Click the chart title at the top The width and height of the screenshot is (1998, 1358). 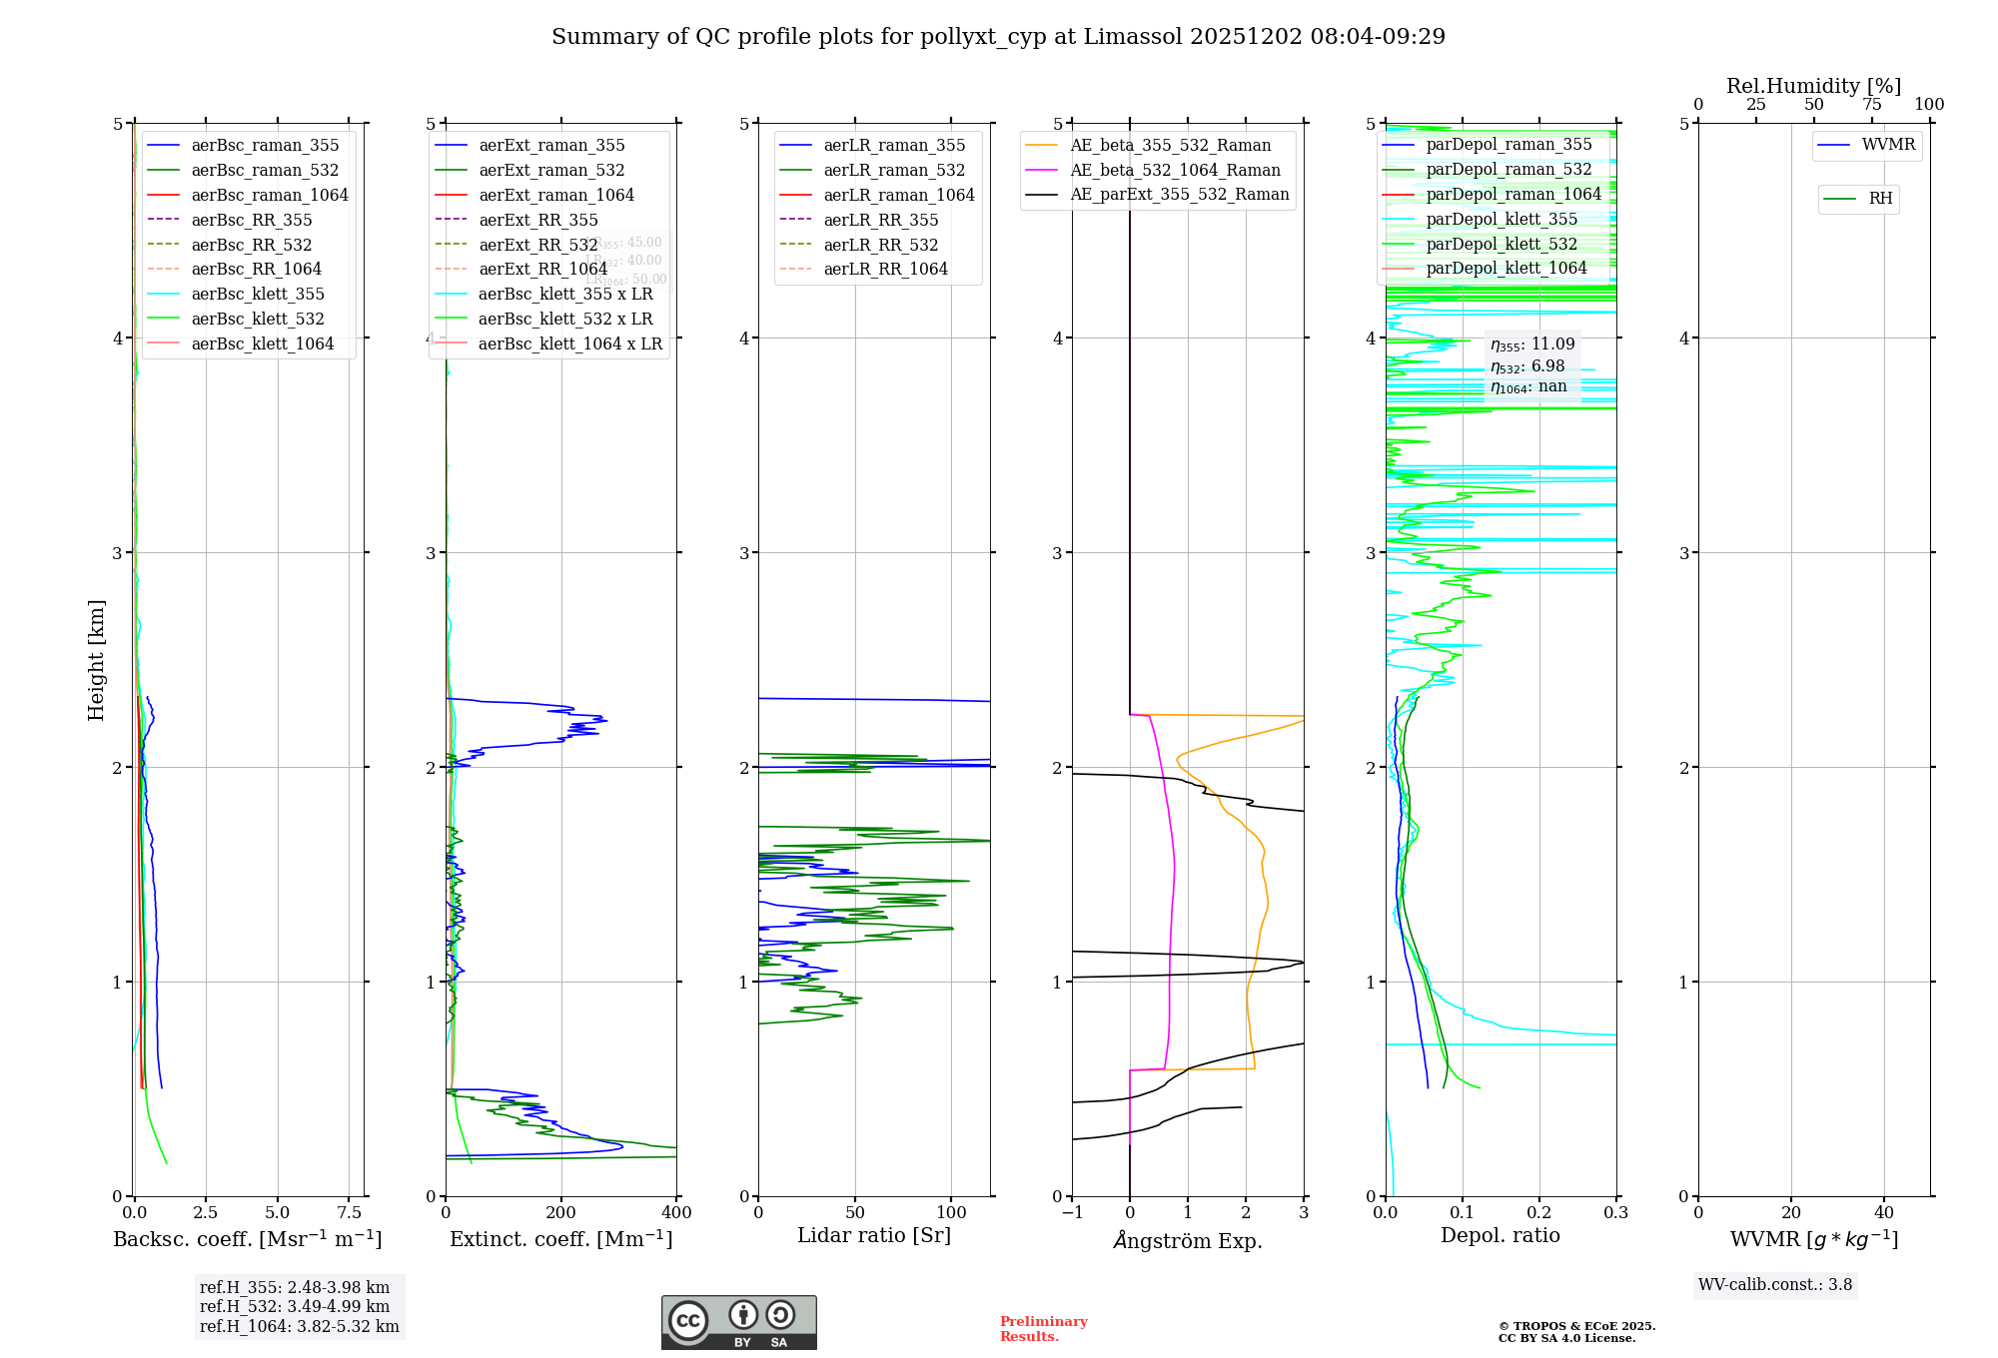(998, 37)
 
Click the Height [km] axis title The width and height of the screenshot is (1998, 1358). (96, 659)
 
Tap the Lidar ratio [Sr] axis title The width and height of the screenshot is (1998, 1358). (874, 1235)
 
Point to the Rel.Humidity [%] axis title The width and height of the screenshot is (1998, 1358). (1813, 86)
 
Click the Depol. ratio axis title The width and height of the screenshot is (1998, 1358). (1499, 1235)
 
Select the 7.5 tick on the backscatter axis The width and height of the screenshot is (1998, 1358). (350, 1212)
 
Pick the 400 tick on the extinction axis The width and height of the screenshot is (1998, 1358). (676, 1212)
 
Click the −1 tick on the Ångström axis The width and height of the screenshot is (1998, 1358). (1071, 1212)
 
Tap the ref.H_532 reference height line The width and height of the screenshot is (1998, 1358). (295, 1306)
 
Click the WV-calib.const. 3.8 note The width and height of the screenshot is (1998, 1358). (1775, 1285)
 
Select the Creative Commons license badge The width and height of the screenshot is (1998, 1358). (738, 1322)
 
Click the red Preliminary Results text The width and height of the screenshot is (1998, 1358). (1043, 1328)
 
